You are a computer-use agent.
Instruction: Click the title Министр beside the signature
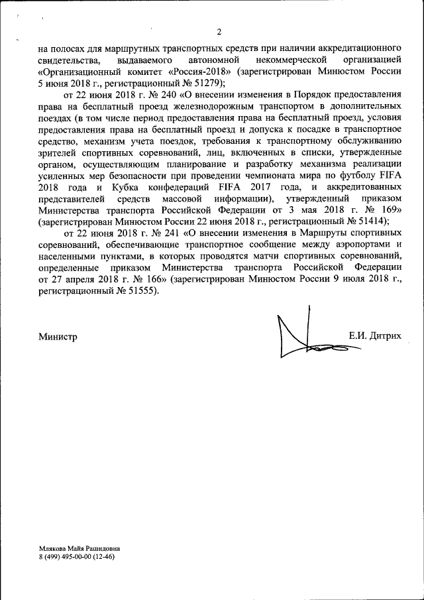(x=58, y=336)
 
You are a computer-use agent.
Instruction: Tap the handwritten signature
(x=305, y=335)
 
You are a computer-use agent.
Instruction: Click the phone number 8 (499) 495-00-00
(x=66, y=557)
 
